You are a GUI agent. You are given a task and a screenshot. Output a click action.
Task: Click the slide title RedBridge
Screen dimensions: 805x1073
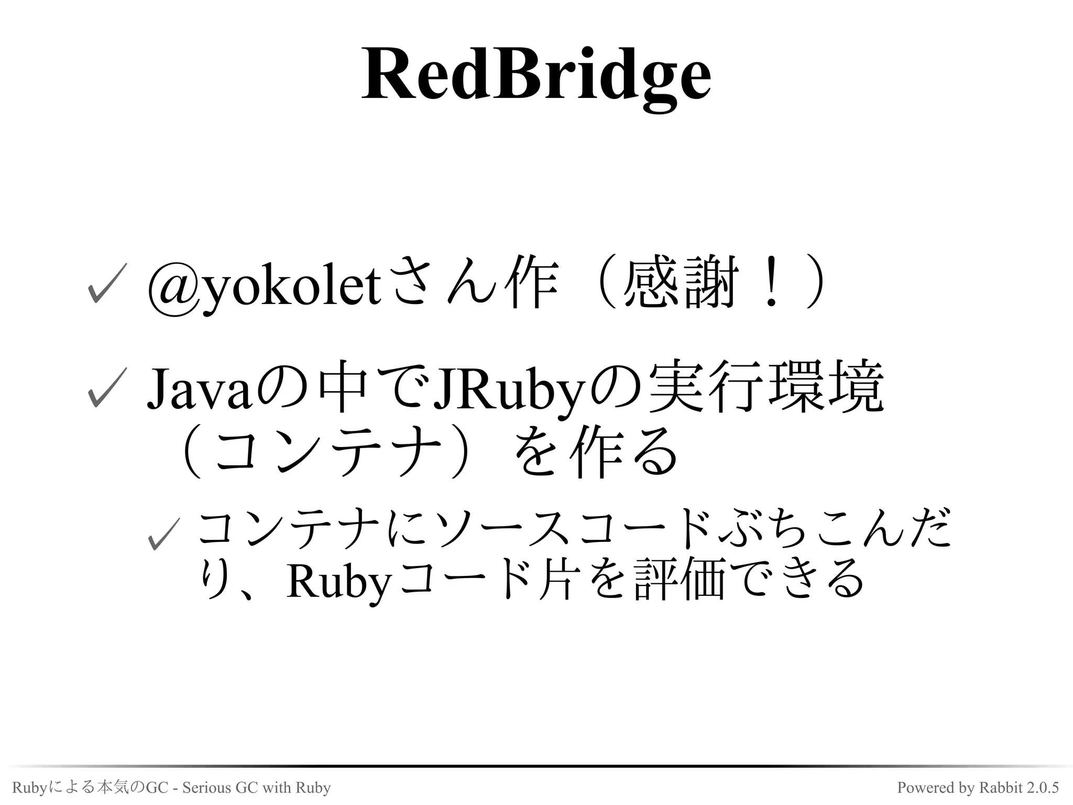coord(536,75)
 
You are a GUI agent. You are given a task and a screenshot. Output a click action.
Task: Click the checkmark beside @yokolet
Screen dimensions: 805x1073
coord(106,283)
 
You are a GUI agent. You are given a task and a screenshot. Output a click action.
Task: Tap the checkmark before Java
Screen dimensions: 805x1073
coord(106,388)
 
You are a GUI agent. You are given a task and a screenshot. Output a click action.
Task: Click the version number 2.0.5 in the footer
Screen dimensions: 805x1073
coord(1043,788)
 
